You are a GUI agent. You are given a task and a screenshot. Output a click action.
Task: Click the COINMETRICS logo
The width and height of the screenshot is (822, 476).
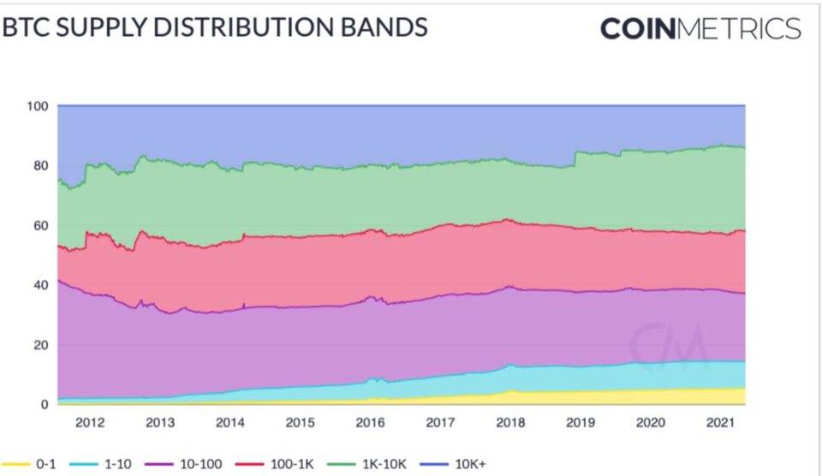[x=700, y=28]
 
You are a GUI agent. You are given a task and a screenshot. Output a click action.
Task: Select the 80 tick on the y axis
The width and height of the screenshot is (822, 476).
[x=39, y=165]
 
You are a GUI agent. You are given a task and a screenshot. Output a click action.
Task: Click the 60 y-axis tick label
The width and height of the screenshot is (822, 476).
[x=39, y=225]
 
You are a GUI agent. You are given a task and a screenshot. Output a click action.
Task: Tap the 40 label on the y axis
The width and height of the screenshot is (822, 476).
[x=39, y=285]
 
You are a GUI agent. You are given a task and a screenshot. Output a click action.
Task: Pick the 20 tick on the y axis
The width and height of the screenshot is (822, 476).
[x=39, y=345]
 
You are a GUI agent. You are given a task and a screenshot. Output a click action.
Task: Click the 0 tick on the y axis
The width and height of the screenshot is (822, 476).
[x=42, y=405]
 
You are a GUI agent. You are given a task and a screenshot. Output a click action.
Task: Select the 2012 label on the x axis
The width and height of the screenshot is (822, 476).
[x=90, y=423]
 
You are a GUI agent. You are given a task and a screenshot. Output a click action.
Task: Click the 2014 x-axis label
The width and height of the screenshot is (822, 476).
[x=229, y=423]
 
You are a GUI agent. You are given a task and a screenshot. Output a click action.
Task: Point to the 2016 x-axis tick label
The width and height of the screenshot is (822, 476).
[x=370, y=423]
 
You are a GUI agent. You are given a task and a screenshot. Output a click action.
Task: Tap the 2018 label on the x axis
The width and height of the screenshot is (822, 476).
[x=510, y=423]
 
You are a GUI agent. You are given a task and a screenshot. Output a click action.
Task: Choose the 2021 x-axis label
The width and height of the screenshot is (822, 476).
[x=720, y=423]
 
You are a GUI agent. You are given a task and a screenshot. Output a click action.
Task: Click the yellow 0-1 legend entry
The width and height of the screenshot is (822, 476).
[x=34, y=463]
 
